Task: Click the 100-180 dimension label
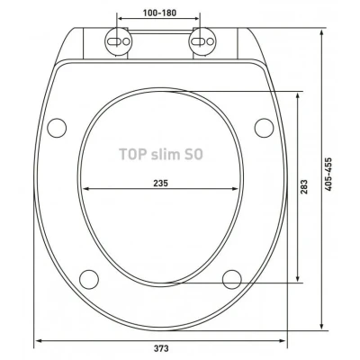click(x=159, y=13)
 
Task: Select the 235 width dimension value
click(x=161, y=183)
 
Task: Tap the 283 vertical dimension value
click(x=304, y=186)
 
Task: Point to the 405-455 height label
click(x=328, y=175)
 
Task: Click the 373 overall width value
click(x=161, y=348)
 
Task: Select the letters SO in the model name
click(x=193, y=154)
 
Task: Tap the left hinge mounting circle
click(x=118, y=41)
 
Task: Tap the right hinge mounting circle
click(x=202, y=41)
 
